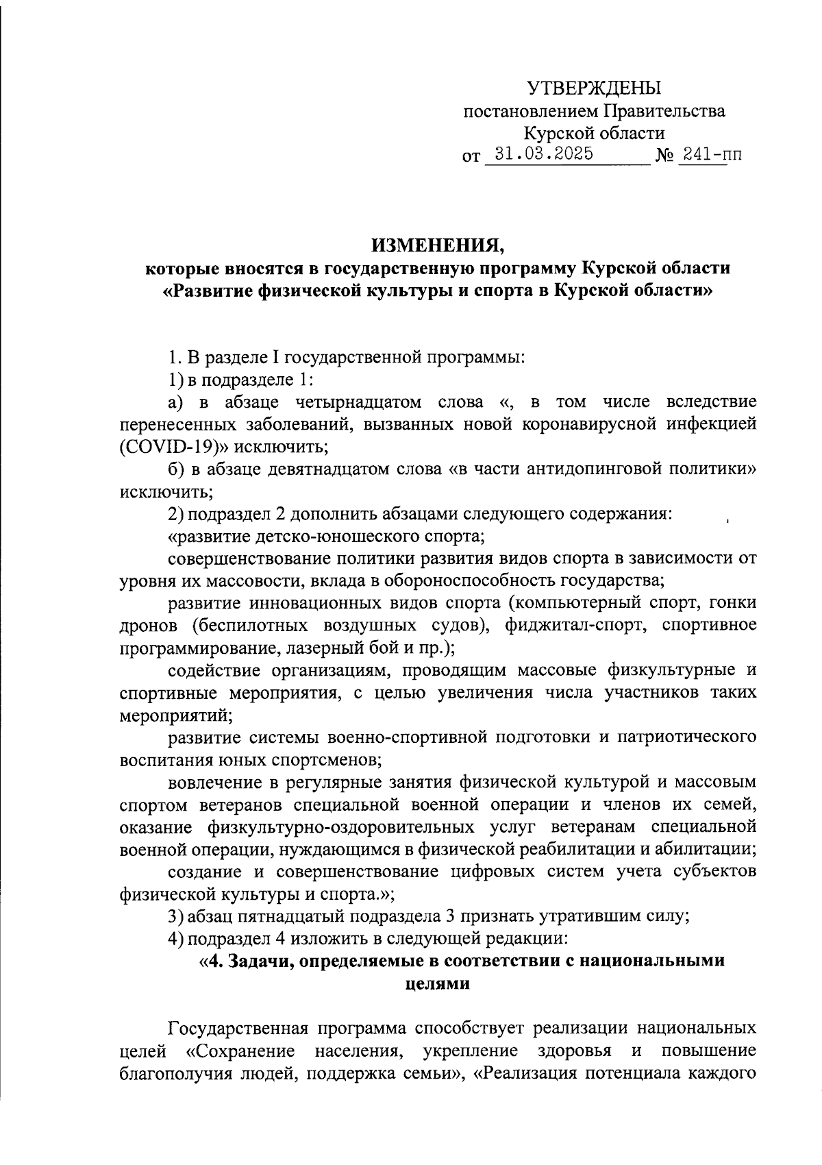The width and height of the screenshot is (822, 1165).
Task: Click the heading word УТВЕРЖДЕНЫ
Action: [x=594, y=88]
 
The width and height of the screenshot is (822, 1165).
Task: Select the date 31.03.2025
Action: [x=544, y=154]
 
